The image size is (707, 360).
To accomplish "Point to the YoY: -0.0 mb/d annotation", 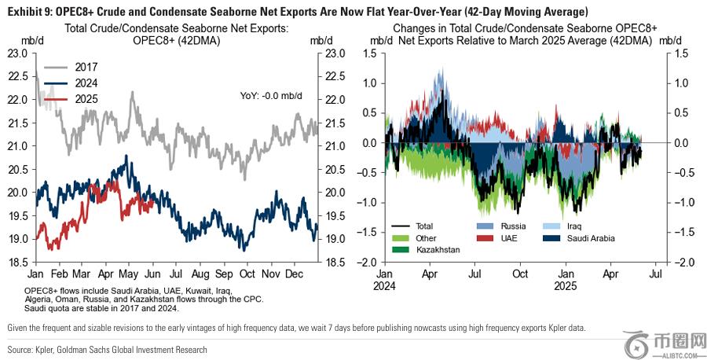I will tap(271, 95).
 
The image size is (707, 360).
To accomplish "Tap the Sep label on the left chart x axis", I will tap(223, 274).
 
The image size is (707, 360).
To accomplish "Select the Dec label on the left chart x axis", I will tap(295, 274).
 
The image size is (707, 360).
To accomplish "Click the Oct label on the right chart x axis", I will tap(520, 274).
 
